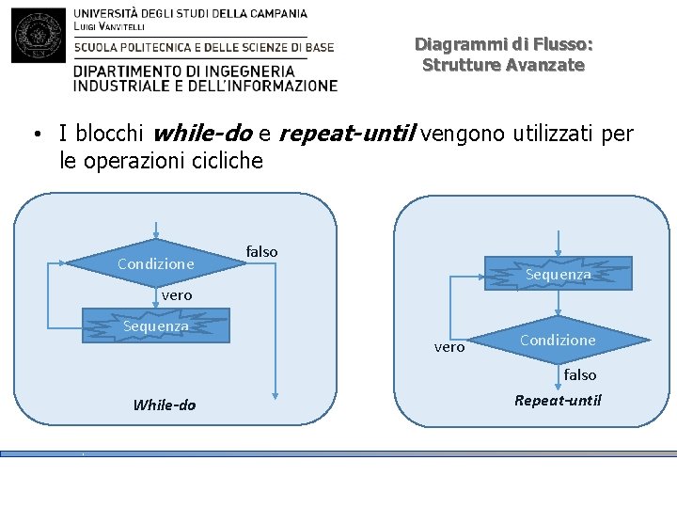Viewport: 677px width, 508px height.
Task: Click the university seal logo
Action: [x=39, y=35]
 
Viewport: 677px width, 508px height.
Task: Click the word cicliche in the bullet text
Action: [x=223, y=161]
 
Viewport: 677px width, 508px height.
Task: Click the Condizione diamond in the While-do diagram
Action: [x=156, y=264]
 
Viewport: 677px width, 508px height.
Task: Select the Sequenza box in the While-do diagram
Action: [x=156, y=325]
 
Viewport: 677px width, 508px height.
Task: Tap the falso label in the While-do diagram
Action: [x=261, y=251]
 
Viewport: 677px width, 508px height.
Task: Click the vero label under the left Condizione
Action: [x=176, y=295]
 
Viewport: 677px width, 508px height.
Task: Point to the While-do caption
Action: [x=165, y=405]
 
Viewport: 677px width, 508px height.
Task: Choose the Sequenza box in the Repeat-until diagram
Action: [x=558, y=274]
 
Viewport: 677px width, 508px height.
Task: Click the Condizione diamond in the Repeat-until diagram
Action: [x=558, y=340]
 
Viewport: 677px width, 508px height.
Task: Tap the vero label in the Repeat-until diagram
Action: [x=449, y=347]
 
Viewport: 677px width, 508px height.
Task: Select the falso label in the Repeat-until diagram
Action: [x=580, y=374]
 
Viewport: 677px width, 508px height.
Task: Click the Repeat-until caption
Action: [x=558, y=401]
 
